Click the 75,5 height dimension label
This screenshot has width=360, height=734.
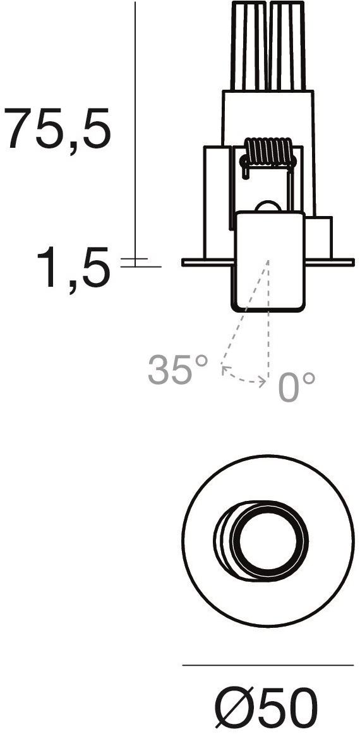coord(57,129)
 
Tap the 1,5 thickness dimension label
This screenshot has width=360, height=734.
coord(73,268)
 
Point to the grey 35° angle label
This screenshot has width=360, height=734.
coord(177,370)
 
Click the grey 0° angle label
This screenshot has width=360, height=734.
coord(296,387)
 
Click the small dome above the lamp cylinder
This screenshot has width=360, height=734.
coord(268,207)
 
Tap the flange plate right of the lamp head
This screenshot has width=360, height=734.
coord(328,262)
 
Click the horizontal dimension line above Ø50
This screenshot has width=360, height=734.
coord(268,665)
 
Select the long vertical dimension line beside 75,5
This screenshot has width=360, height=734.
coord(135,126)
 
